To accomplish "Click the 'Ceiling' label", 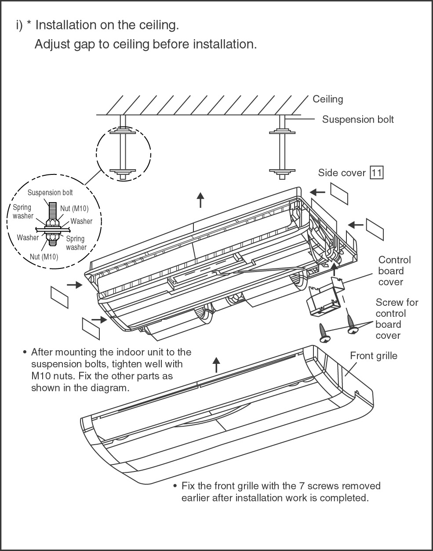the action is pyautogui.click(x=327, y=99).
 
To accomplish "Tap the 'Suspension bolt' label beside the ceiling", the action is pyautogui.click(x=358, y=120).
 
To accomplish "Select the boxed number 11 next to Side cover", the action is pyautogui.click(x=377, y=173).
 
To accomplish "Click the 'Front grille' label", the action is pyautogui.click(x=373, y=356).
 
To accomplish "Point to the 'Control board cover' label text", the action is pyautogui.click(x=394, y=271).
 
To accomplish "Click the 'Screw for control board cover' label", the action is pyautogui.click(x=397, y=319).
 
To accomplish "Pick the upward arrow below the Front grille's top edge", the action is pyautogui.click(x=216, y=365).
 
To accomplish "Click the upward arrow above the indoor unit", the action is pyautogui.click(x=200, y=200).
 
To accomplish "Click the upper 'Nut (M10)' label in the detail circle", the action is pyautogui.click(x=74, y=208).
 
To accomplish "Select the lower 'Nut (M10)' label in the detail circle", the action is pyautogui.click(x=44, y=257).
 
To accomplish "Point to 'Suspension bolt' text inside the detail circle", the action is pyautogui.click(x=50, y=193).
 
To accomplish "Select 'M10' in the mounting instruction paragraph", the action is pyautogui.click(x=41, y=376).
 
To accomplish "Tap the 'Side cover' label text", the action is pyautogui.click(x=342, y=173).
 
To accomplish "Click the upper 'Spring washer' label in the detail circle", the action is pyautogui.click(x=23, y=211).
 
